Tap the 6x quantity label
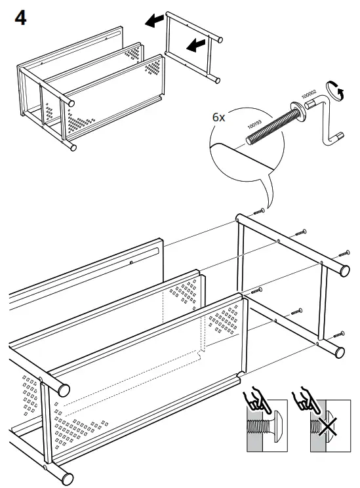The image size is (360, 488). (x=220, y=117)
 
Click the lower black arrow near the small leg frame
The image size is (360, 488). (x=194, y=45)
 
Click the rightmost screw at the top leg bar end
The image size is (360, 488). (x=344, y=254)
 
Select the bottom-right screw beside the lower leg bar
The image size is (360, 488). (x=338, y=333)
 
